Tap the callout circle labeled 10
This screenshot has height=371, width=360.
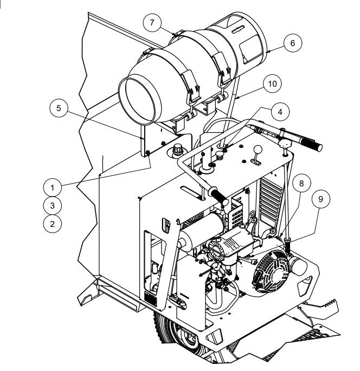click(272, 83)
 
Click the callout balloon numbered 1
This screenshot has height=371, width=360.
click(53, 188)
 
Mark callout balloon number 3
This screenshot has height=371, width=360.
click(53, 205)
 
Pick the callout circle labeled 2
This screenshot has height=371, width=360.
click(53, 223)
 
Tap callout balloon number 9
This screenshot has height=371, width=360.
click(321, 199)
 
